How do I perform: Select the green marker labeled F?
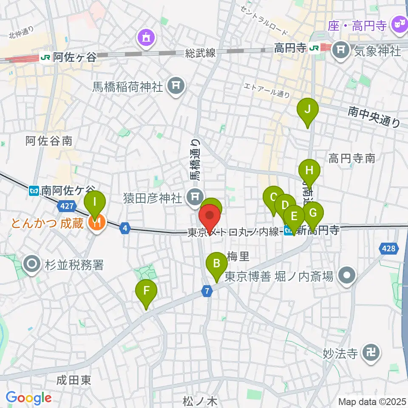(x=146, y=292)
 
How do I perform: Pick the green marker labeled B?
(x=216, y=264)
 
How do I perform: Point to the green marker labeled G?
(x=313, y=212)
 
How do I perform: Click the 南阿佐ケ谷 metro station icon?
(x=35, y=191)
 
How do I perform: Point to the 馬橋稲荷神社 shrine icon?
(x=175, y=87)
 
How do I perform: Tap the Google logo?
(x=28, y=398)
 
